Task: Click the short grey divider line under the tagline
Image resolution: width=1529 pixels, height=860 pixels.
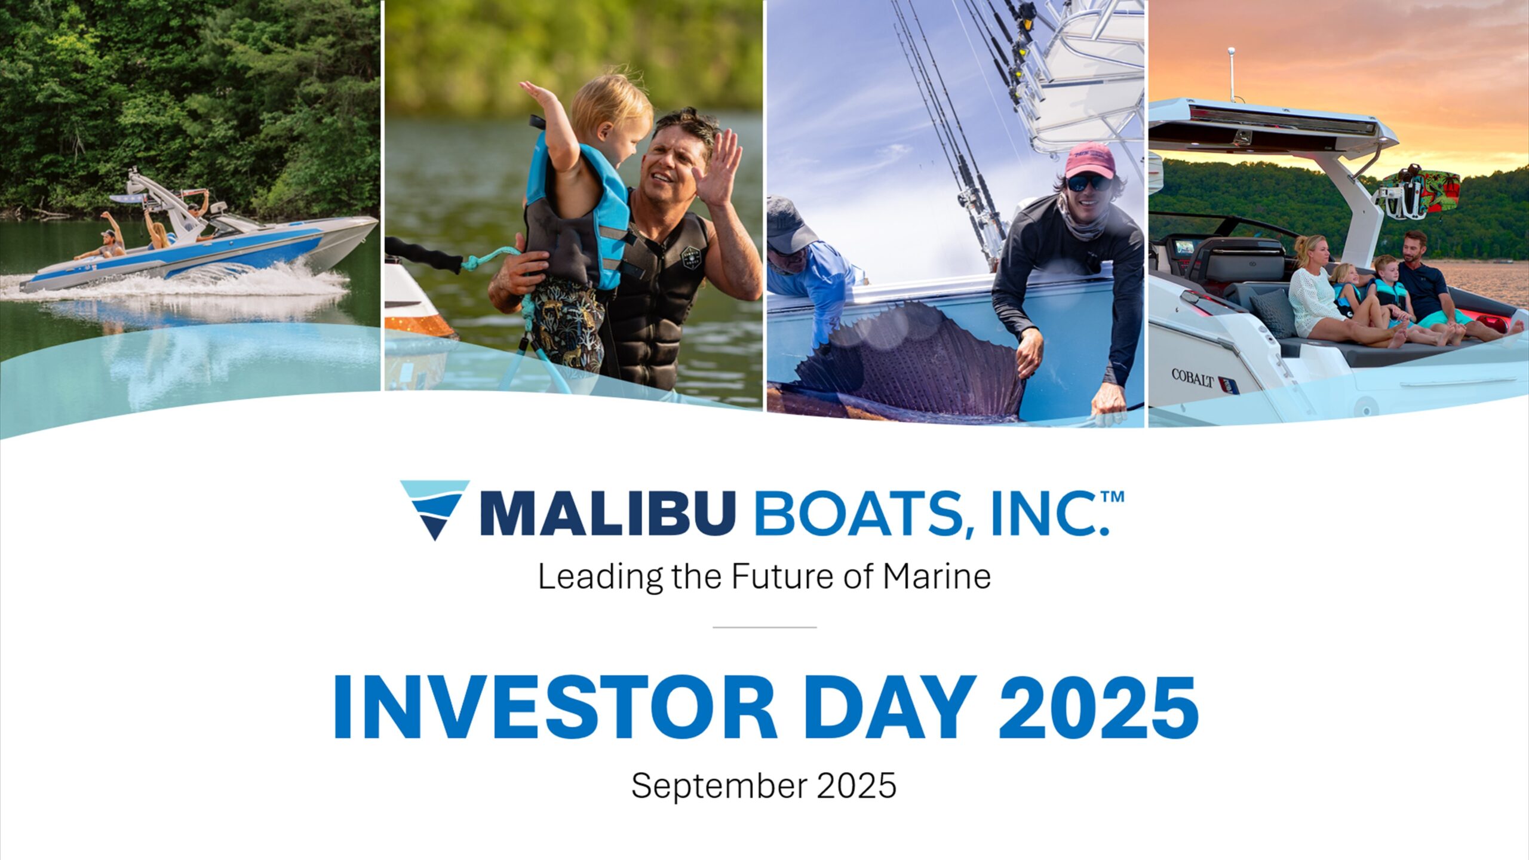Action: click(x=764, y=627)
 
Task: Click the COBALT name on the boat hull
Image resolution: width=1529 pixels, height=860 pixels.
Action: click(x=1193, y=378)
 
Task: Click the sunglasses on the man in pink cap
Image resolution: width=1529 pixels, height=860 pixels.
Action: click(x=1089, y=183)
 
